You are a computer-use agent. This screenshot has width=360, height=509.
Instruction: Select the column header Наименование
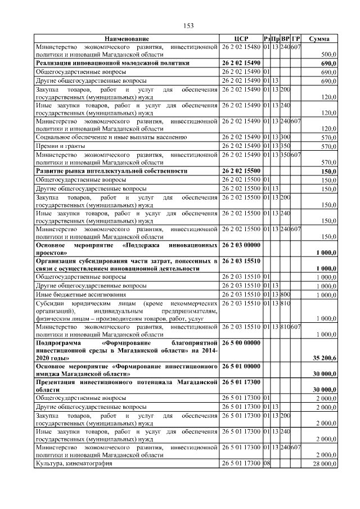tap(127, 38)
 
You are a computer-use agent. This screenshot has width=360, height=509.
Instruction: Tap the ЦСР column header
tap(241, 38)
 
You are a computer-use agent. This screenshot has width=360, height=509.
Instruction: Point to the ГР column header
tap(296, 38)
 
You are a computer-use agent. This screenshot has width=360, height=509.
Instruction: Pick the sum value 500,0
tap(328, 55)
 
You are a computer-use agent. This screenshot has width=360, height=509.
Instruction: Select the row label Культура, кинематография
tap(74, 463)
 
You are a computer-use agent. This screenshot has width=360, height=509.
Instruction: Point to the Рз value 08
tap(267, 463)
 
